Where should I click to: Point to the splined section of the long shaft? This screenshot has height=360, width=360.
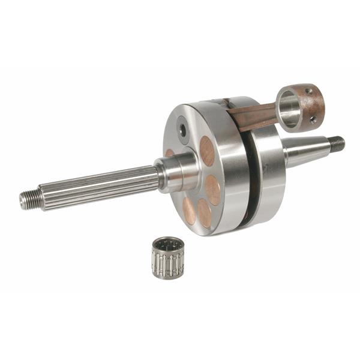[x=96, y=185]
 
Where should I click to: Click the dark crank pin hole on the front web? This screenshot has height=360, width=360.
[x=182, y=129]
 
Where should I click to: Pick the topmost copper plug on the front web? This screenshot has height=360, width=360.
[x=208, y=151]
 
